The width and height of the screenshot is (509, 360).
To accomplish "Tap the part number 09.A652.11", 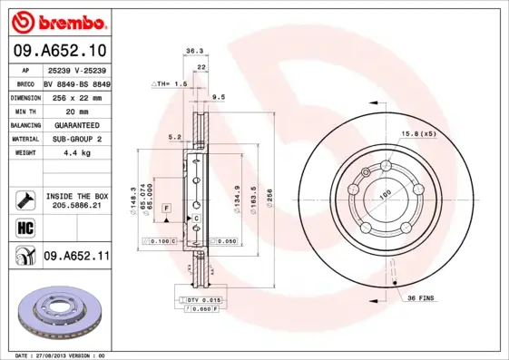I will click(x=76, y=257).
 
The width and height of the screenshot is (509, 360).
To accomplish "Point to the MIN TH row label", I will click(x=23, y=110).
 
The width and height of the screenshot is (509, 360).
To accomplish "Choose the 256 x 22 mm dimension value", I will click(x=76, y=96).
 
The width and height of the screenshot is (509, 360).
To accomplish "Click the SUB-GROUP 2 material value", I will click(x=76, y=139).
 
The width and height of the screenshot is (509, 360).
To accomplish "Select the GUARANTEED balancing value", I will click(x=76, y=124).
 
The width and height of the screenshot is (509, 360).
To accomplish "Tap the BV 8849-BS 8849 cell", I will click(x=76, y=83).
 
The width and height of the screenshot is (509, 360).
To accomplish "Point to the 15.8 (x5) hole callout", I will click(x=418, y=135).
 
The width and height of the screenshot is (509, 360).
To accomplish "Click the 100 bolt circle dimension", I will click(x=384, y=194).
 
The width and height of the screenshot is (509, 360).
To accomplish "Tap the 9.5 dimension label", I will click(x=218, y=96).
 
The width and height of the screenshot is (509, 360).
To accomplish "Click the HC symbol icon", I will click(x=23, y=227).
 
